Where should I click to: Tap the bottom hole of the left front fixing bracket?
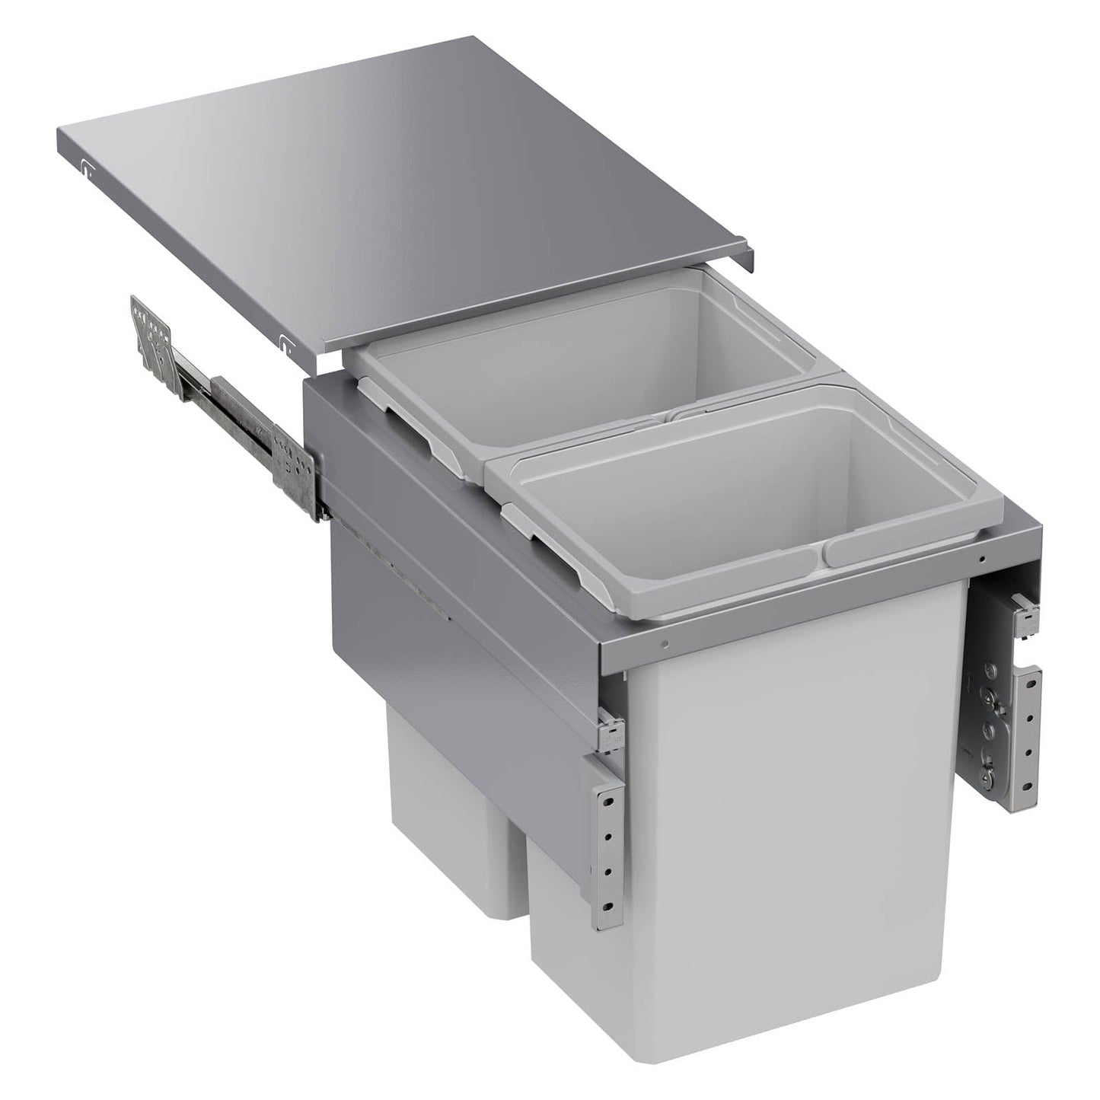point(607,906)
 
